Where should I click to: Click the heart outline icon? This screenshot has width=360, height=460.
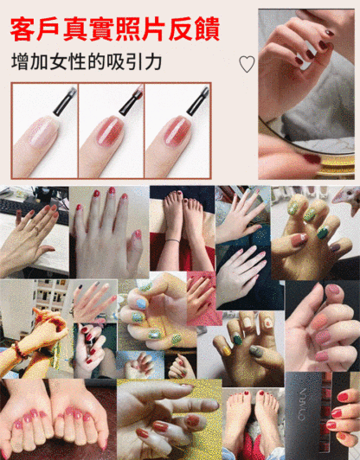coord(247,64)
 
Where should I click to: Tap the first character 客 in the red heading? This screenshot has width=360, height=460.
coord(22,29)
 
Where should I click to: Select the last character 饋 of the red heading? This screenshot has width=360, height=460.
coord(208,29)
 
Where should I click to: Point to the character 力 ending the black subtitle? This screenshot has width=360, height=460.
coord(152,61)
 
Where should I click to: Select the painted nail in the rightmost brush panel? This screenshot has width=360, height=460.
coord(177,131)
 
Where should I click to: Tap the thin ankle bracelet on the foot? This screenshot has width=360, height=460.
coord(172,240)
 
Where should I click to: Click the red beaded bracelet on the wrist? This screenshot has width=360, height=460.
coord(18,350)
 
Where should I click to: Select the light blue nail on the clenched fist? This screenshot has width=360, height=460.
coord(141,304)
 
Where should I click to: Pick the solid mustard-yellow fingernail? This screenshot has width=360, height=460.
coord(227,351)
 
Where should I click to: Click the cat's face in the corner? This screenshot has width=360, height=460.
coord(347,199)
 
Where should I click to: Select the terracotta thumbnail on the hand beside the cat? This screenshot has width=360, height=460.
coord(299,240)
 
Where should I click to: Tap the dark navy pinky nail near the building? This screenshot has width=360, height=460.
coord(80,286)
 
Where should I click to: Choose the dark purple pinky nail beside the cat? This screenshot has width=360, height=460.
coord(335,248)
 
